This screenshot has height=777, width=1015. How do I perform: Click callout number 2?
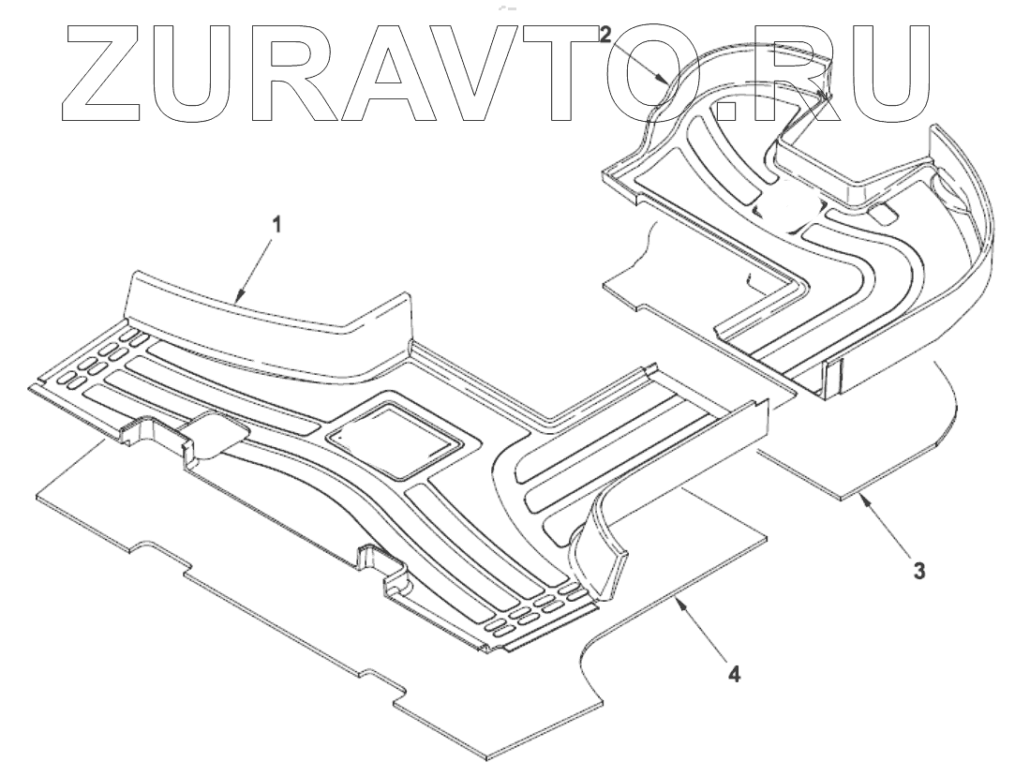(606, 35)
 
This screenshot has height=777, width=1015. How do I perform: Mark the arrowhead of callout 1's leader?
(237, 302)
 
